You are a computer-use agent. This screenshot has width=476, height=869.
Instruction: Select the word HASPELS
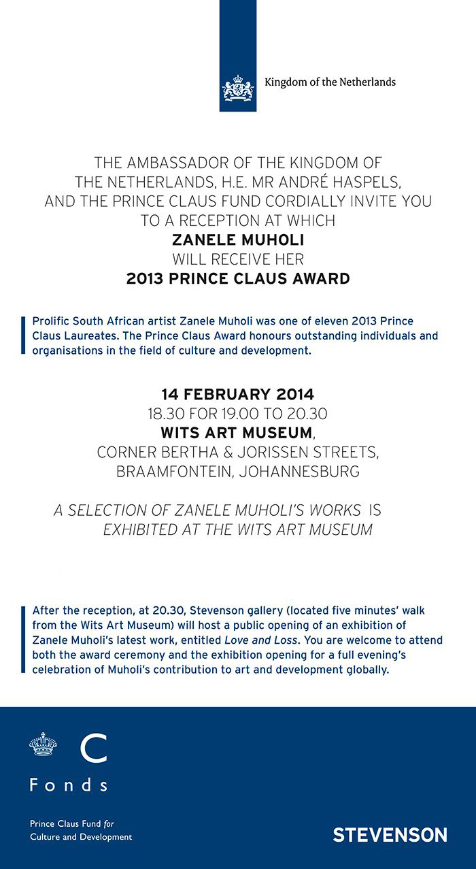tap(360, 182)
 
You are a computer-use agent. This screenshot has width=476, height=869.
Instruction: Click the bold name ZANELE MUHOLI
tap(237, 240)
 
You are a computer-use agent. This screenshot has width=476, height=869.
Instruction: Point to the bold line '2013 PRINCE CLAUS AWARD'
tap(238, 278)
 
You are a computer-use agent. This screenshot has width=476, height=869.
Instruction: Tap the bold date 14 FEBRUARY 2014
tap(237, 394)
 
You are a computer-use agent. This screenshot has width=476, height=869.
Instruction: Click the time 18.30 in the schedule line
tap(165, 413)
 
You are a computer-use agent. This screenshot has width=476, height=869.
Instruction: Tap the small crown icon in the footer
tap(43, 744)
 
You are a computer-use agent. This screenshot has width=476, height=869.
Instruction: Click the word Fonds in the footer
tap(68, 785)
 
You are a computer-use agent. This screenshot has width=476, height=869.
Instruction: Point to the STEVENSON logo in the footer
tap(390, 835)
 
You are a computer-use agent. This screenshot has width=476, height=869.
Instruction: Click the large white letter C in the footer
tap(93, 748)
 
